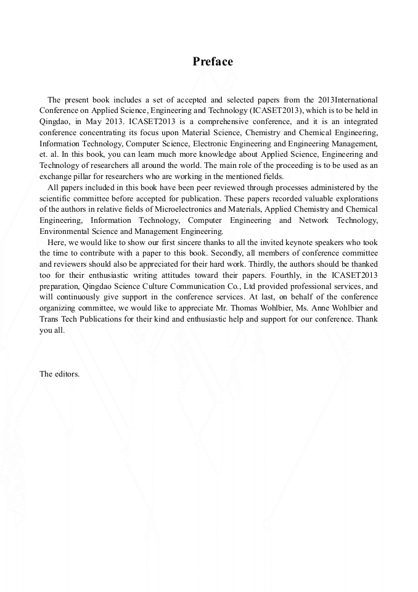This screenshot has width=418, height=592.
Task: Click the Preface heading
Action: tap(213, 62)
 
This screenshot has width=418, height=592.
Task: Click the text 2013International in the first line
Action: tap(348, 100)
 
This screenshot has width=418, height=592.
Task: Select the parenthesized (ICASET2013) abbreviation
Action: tap(276, 110)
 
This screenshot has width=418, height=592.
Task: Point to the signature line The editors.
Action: tap(60, 373)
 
